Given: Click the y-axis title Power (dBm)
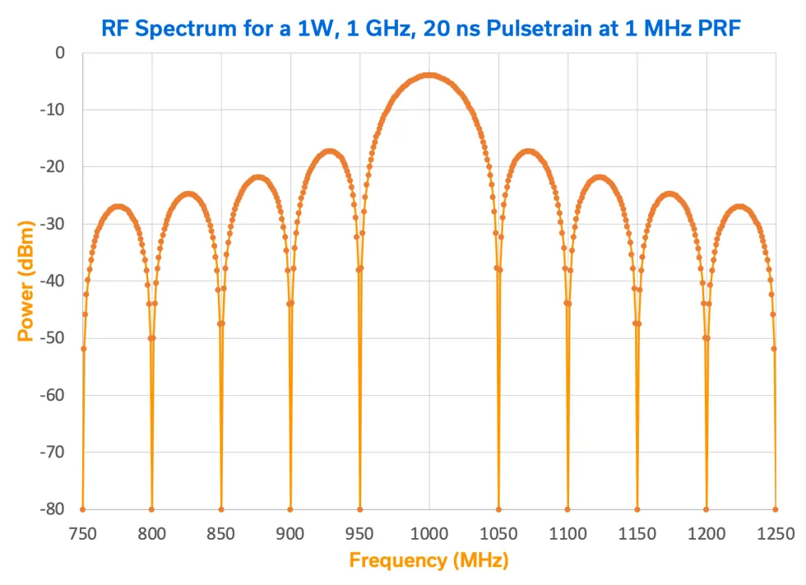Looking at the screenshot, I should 26,281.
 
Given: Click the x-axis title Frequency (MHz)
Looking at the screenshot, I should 428,561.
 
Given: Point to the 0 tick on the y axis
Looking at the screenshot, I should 58,53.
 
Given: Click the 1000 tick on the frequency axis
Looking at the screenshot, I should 428,533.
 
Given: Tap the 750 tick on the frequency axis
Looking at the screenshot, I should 83,533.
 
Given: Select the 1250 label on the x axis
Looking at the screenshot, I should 775,533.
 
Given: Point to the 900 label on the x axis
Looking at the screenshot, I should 290,533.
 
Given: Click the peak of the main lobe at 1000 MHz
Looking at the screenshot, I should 429,75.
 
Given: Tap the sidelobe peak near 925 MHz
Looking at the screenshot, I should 330,151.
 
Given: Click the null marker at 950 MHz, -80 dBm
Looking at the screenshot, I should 360,509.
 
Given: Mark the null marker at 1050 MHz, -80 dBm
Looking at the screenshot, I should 498,509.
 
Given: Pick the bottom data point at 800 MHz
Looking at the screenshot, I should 151,509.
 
